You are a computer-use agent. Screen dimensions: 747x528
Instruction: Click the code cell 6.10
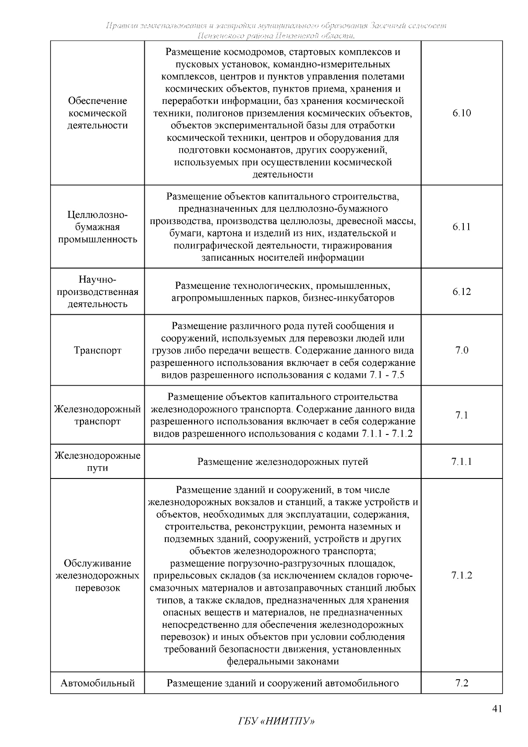pos(462,113)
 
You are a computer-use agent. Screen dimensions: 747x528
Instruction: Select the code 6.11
pos(462,227)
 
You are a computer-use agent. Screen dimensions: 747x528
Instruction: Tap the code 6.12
pos(462,292)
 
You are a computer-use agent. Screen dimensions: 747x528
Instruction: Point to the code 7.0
pos(462,350)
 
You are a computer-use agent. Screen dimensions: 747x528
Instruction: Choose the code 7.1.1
pos(462,462)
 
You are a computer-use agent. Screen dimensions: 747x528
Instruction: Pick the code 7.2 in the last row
pos(462,683)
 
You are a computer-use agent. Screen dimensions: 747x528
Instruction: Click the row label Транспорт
pos(98,351)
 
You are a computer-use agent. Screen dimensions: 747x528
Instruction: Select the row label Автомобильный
pos(98,683)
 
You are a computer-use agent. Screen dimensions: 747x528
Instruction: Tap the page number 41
pos(497,709)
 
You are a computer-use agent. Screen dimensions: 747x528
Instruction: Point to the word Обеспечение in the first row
pos(98,101)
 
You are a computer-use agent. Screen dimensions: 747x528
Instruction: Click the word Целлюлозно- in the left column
pos(98,215)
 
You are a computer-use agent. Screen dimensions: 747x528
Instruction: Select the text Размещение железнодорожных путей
pos(282,462)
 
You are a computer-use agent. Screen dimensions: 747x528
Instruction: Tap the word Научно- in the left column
pos(98,280)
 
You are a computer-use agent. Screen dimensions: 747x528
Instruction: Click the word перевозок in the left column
pos(98,588)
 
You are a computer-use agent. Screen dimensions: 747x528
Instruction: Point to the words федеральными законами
pos(282,662)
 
